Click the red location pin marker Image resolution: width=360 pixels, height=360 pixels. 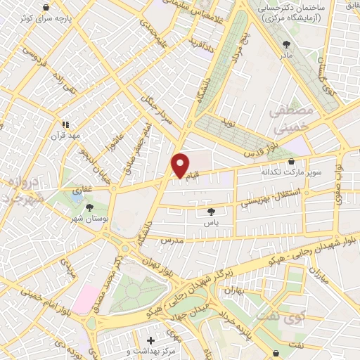(180, 165)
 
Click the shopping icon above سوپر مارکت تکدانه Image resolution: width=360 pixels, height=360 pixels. (291, 160)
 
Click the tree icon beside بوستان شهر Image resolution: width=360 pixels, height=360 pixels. (89, 207)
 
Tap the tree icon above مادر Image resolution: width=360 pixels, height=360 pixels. (286, 44)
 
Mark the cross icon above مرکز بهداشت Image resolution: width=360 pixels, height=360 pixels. (151, 340)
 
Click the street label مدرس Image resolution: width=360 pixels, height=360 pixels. (172, 240)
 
